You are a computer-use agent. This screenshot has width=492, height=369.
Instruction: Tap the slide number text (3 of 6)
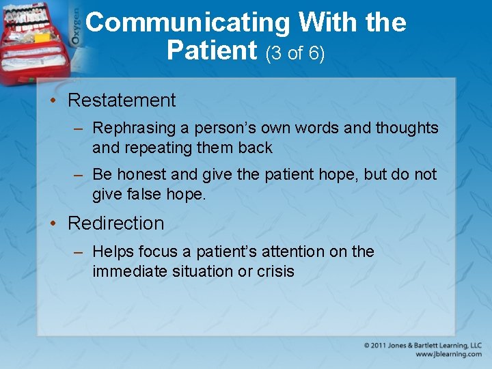click(x=295, y=53)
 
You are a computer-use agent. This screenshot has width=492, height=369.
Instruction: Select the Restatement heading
click(x=122, y=100)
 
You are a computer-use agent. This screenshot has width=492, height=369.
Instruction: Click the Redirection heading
click(x=116, y=223)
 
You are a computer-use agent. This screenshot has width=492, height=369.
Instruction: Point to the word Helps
click(x=112, y=251)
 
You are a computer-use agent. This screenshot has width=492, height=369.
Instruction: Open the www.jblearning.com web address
click(x=448, y=355)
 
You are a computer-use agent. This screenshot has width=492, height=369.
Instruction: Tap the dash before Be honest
click(x=80, y=175)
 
